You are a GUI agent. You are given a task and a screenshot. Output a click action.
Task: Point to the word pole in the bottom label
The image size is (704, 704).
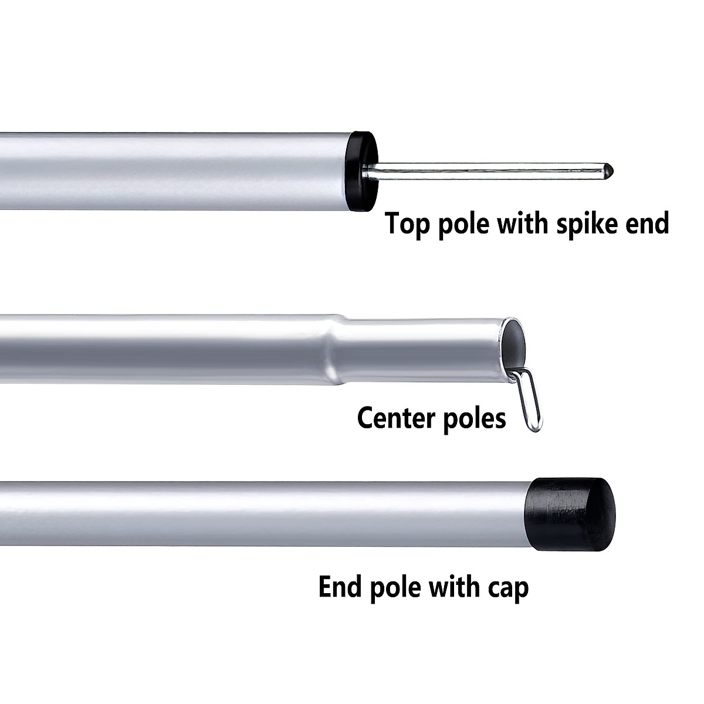(x=394, y=587)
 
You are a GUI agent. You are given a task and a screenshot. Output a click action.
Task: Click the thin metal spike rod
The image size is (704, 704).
(x=487, y=170)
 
